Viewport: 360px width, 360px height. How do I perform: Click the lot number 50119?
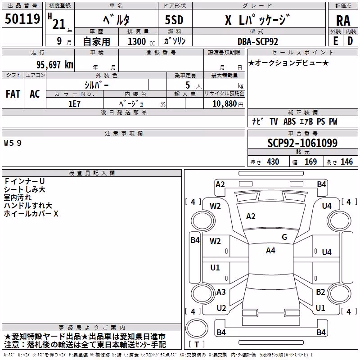pyautogui.click(x=22, y=19)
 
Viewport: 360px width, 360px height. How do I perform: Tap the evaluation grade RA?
pyautogui.click(x=343, y=21)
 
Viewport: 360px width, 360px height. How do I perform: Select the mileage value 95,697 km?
pyautogui.click(x=55, y=65)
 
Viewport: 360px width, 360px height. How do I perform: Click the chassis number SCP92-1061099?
pyautogui.click(x=302, y=143)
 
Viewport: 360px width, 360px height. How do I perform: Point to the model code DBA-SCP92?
pyautogui.click(x=258, y=41)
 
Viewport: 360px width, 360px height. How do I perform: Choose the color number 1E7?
pyautogui.click(x=74, y=104)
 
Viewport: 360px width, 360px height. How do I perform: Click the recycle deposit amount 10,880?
pyautogui.click(x=225, y=104)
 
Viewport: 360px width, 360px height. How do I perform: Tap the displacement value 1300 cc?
pyautogui.click(x=141, y=41)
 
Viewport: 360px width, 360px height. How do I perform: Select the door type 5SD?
pyautogui.click(x=174, y=20)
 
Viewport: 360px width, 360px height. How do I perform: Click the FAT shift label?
pyautogui.click(x=13, y=94)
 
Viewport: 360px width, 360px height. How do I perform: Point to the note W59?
pyautogui.click(x=13, y=143)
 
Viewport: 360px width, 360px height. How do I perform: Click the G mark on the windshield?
pyautogui.click(x=284, y=237)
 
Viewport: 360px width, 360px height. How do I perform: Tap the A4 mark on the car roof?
pyautogui.click(x=270, y=251)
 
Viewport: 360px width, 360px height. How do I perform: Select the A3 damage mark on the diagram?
pyautogui.click(x=221, y=292)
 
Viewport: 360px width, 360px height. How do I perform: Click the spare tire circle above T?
pyautogui.click(x=197, y=328)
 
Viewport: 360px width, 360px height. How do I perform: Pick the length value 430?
pyautogui.click(x=273, y=162)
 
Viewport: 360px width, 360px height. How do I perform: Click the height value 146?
pyautogui.click(x=346, y=162)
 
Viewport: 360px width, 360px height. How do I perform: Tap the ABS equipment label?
pyautogui.click(x=289, y=121)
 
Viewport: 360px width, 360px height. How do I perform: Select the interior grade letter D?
pyautogui.click(x=350, y=41)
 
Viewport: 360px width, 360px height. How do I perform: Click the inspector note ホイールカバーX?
pyautogui.click(x=31, y=214)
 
